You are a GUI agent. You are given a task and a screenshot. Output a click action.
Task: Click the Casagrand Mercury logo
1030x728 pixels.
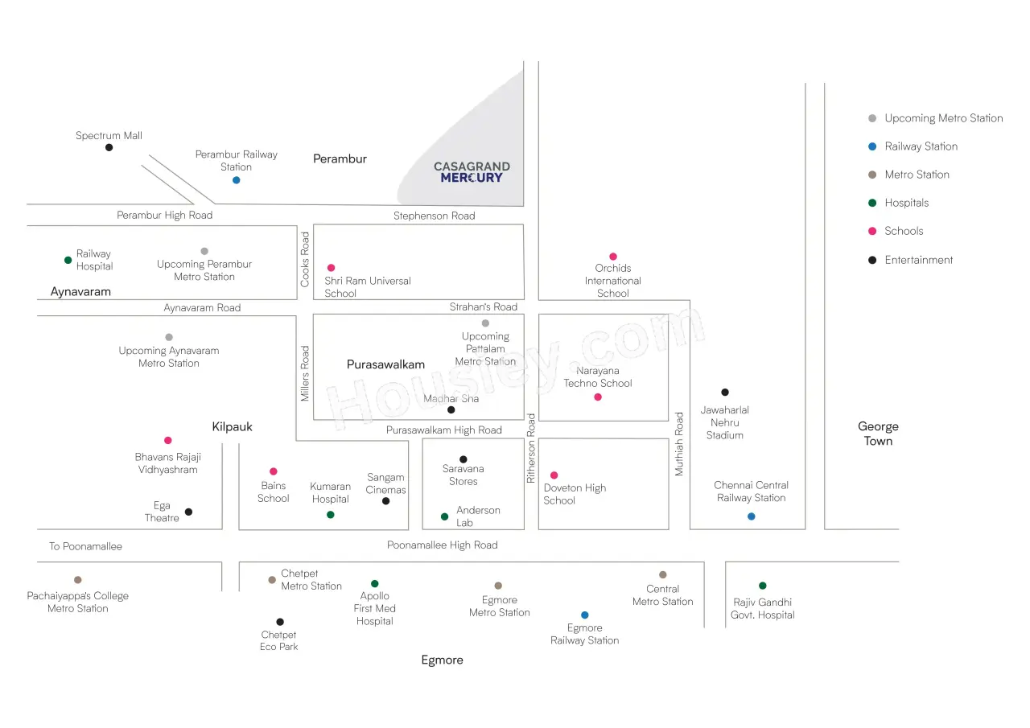pyautogui.click(x=472, y=172)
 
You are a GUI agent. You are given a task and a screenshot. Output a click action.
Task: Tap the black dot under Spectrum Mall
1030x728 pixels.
pyautogui.click(x=109, y=147)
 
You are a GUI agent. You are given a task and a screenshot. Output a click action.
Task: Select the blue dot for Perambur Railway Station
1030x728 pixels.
pyautogui.click(x=237, y=180)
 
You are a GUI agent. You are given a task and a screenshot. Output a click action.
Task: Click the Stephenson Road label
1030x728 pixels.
pyautogui.click(x=434, y=216)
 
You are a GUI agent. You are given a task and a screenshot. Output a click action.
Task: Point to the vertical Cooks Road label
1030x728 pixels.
pyautogui.click(x=305, y=260)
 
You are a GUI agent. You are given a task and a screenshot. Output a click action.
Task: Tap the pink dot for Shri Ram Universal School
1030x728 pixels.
pyautogui.click(x=331, y=268)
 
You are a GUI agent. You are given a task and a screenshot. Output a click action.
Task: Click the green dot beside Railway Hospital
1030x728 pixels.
pyautogui.click(x=68, y=260)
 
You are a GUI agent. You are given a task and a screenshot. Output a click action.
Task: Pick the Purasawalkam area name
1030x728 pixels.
pyautogui.click(x=385, y=364)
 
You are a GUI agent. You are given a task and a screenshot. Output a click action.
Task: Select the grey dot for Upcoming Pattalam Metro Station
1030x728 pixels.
pyautogui.click(x=485, y=323)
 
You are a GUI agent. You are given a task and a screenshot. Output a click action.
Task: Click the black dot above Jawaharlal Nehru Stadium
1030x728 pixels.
pyautogui.click(x=725, y=392)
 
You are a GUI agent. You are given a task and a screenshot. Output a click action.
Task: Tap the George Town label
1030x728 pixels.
pyautogui.click(x=878, y=434)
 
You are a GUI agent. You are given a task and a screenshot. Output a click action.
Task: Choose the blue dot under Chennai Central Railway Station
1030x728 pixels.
pyautogui.click(x=752, y=516)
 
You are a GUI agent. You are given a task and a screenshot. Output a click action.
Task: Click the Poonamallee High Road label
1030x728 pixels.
pyautogui.click(x=443, y=545)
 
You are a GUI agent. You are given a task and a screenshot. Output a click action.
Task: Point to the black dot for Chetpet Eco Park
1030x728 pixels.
pyautogui.click(x=280, y=622)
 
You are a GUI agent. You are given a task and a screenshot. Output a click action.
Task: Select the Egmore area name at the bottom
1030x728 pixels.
pyautogui.click(x=443, y=660)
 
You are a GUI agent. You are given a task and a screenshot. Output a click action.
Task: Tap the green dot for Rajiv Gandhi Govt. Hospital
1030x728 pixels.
pyautogui.click(x=763, y=586)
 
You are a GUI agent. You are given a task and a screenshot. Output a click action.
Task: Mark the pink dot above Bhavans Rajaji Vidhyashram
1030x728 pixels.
pyautogui.click(x=168, y=440)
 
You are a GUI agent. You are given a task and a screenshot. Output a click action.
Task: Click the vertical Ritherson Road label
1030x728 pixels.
pyautogui.click(x=531, y=448)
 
